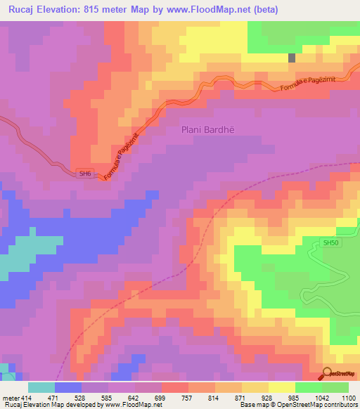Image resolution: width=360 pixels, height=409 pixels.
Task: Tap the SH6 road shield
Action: pyautogui.click(x=85, y=174)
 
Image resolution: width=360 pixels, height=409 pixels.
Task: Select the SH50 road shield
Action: pyautogui.click(x=330, y=242)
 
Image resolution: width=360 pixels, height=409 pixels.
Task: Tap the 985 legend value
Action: pyautogui.click(x=296, y=397)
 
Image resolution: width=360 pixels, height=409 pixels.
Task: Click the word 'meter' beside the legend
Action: pyautogui.click(x=11, y=397)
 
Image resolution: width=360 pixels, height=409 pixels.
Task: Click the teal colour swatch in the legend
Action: pyautogui.click(x=41, y=387)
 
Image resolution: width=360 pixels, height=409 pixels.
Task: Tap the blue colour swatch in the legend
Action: pyautogui.click(x=68, y=387)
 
